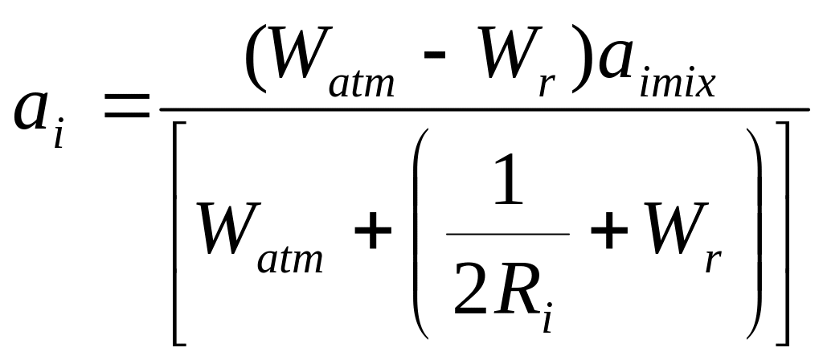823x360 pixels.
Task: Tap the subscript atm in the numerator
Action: pos(362,83)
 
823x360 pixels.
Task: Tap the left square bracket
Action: pos(181,233)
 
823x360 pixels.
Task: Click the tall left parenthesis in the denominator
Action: pos(424,233)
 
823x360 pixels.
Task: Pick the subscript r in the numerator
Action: pos(547,84)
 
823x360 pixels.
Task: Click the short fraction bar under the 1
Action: pos(508,234)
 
